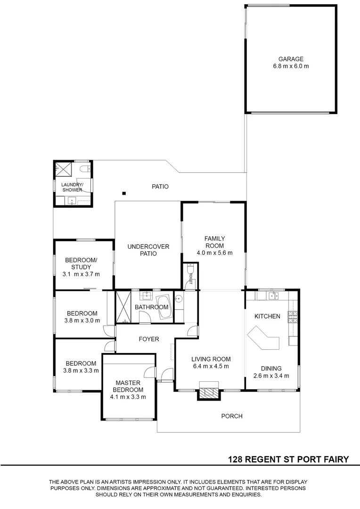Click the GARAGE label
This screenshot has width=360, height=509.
(x=290, y=59)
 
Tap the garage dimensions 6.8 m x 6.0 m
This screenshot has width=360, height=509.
(x=290, y=66)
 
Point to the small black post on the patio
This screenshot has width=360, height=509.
(x=123, y=192)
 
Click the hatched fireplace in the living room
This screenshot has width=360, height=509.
(x=208, y=391)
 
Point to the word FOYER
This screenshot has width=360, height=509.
(x=149, y=339)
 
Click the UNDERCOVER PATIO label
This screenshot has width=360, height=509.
(x=148, y=250)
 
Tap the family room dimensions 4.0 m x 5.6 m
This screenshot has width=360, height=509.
(x=214, y=253)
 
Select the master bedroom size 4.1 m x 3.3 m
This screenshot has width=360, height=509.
(x=127, y=397)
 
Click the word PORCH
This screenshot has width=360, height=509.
(x=232, y=416)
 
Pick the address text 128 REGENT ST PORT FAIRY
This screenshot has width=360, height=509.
(x=288, y=459)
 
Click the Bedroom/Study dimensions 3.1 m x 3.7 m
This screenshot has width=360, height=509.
(x=81, y=274)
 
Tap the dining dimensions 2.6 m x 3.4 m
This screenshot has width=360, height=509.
(x=272, y=376)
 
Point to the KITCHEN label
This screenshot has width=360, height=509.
(x=267, y=316)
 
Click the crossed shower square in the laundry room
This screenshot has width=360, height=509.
(x=63, y=168)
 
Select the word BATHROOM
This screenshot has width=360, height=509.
(x=152, y=307)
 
